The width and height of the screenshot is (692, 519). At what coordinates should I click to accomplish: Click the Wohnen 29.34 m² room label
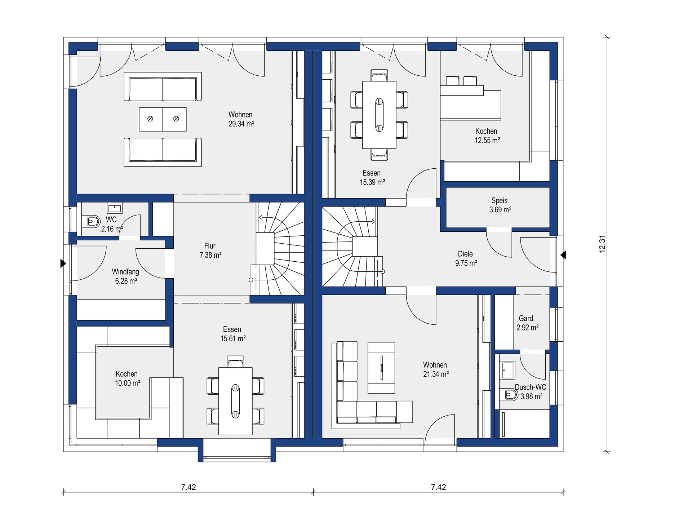click(x=241, y=119)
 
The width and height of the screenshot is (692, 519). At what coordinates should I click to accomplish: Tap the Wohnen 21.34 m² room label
click(x=436, y=369)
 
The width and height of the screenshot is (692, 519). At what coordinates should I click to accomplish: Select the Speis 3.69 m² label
click(x=500, y=205)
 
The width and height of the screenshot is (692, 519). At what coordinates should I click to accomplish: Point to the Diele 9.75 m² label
click(x=466, y=258)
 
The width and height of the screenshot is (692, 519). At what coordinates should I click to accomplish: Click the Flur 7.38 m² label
click(x=210, y=250)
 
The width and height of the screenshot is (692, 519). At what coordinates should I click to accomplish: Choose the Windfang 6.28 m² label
click(x=125, y=276)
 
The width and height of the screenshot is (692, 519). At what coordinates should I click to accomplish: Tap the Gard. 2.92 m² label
click(x=527, y=323)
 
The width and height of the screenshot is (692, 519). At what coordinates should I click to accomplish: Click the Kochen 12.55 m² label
click(x=487, y=136)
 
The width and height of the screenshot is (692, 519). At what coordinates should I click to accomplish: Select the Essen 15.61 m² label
click(x=233, y=334)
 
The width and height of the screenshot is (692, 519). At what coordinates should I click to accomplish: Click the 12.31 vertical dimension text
click(x=602, y=244)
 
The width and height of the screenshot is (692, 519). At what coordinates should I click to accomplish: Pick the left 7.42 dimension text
click(x=188, y=487)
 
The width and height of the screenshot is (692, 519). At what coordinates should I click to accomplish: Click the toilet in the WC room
click(x=91, y=222)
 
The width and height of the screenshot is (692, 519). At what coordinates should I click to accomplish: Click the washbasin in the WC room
click(x=115, y=208)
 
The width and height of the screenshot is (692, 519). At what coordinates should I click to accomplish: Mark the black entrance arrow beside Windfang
click(x=63, y=263)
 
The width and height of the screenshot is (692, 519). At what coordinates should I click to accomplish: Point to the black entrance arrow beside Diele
click(x=563, y=255)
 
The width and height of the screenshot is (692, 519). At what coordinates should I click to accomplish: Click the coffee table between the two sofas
click(x=163, y=119)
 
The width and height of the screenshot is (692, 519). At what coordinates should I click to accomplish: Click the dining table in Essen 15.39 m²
click(x=379, y=115)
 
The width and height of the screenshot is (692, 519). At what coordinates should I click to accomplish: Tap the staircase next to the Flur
click(x=278, y=249)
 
